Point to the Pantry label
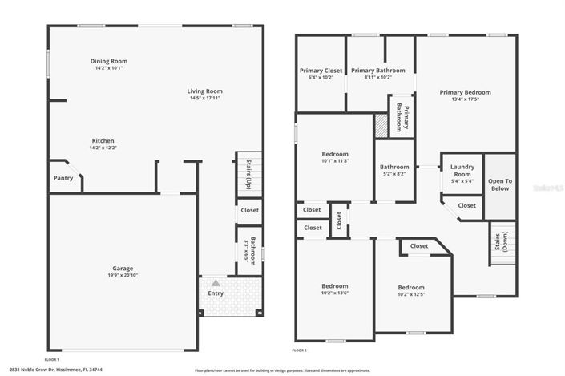[x=63, y=179]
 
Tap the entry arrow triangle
[x=216, y=282]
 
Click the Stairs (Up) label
[x=248, y=173]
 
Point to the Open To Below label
[x=499, y=184]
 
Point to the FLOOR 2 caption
[x=300, y=351]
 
